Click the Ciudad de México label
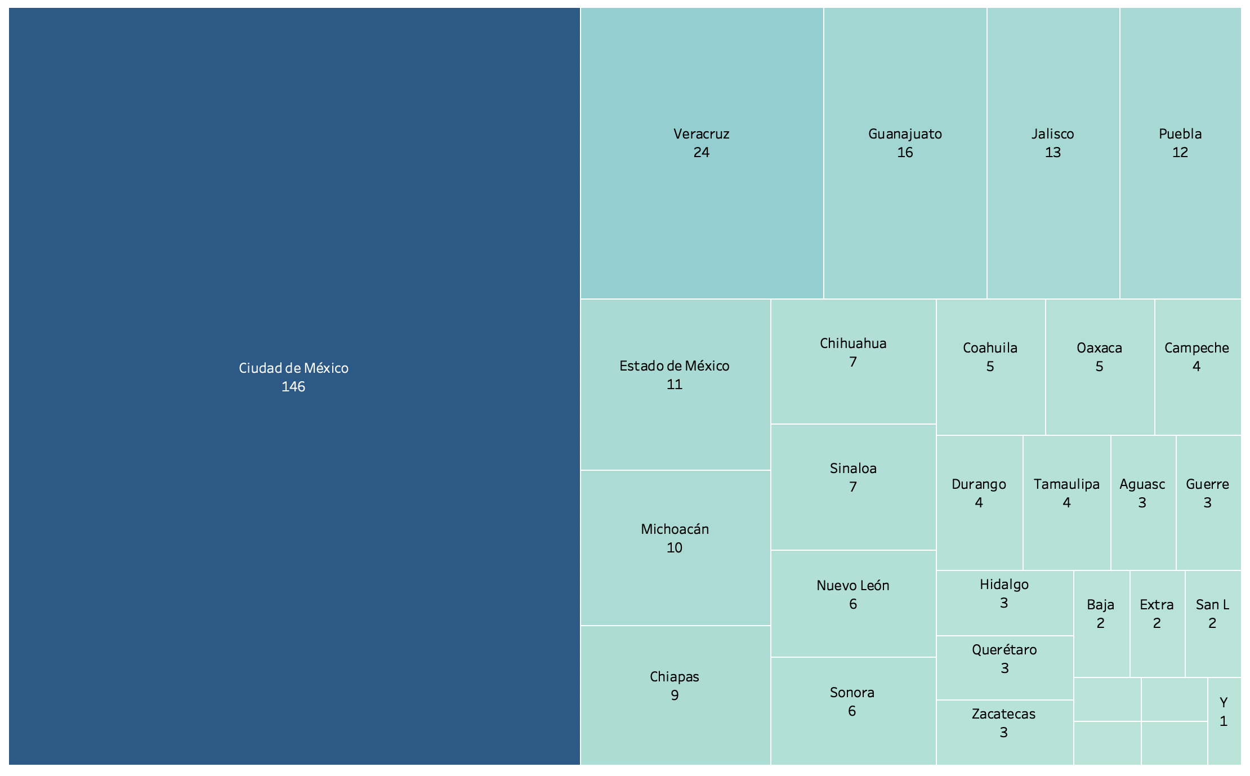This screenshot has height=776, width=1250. click(293, 368)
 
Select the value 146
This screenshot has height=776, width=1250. click(293, 387)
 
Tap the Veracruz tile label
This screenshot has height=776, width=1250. click(701, 134)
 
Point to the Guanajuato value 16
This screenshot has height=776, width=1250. click(905, 153)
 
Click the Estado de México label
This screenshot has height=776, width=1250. click(674, 366)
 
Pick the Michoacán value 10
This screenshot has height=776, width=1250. click(674, 548)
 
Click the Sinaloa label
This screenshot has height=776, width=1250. click(853, 469)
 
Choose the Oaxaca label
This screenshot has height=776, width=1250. click(1099, 348)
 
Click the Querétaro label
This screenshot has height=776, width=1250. click(1004, 650)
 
